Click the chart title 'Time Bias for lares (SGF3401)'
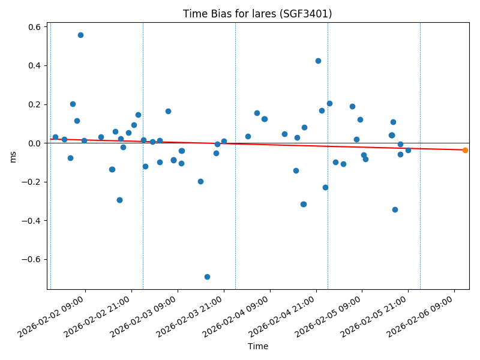(x=257, y=14)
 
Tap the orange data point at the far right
(x=465, y=150)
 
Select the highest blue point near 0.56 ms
(x=80, y=35)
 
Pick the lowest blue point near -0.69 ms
(x=207, y=277)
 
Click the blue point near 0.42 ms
(x=318, y=61)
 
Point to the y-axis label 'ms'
(x=13, y=156)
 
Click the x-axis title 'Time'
(x=258, y=346)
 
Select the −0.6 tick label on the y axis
(x=31, y=259)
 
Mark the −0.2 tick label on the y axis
(x=31, y=182)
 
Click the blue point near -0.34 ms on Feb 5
(x=395, y=209)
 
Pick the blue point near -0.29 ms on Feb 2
(x=119, y=200)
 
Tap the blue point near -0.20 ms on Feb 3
(x=200, y=181)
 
